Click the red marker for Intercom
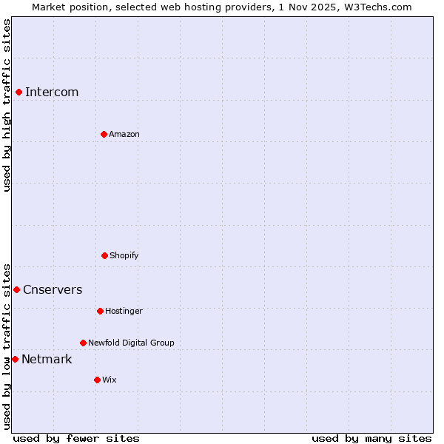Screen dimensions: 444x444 18,92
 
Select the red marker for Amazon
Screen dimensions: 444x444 104,134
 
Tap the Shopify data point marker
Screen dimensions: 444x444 104,255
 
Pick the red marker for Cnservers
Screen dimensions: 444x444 16,289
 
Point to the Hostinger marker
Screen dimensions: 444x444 100,311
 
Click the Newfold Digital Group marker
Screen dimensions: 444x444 83,343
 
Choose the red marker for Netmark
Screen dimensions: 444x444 15,359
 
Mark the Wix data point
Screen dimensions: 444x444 97,380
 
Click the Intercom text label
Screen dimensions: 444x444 52,92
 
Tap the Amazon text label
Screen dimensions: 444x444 124,134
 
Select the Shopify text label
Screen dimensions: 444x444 124,255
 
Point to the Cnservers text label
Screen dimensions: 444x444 53,289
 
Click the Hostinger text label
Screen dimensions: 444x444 124,311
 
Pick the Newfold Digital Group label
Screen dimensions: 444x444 131,343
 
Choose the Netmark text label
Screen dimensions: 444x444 47,359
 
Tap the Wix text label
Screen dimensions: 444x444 110,380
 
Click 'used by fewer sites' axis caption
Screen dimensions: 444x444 76,438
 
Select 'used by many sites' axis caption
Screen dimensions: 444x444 371,438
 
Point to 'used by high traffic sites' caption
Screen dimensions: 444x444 7,105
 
